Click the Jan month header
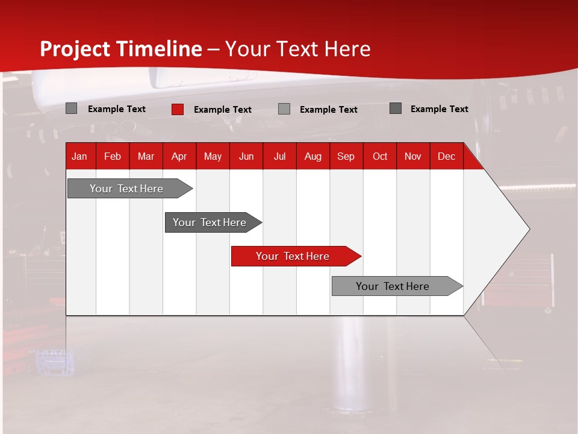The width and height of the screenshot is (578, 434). [x=80, y=156]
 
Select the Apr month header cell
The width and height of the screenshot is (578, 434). [x=179, y=156]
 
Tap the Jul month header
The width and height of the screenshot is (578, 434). [x=279, y=156]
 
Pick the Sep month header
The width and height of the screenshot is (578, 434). [x=346, y=156]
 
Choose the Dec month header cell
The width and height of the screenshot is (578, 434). [x=446, y=156]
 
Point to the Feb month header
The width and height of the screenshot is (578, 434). [x=113, y=156]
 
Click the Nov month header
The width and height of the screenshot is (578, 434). [x=413, y=156]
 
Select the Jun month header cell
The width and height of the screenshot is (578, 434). [x=246, y=156]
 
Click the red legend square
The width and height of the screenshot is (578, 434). [x=178, y=109]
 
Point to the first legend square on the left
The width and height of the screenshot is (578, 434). [x=71, y=108]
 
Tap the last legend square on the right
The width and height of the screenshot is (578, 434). [x=396, y=108]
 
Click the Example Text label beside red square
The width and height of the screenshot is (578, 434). [x=223, y=110]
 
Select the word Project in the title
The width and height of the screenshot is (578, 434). [x=75, y=49]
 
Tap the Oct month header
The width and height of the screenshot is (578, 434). [x=380, y=156]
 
